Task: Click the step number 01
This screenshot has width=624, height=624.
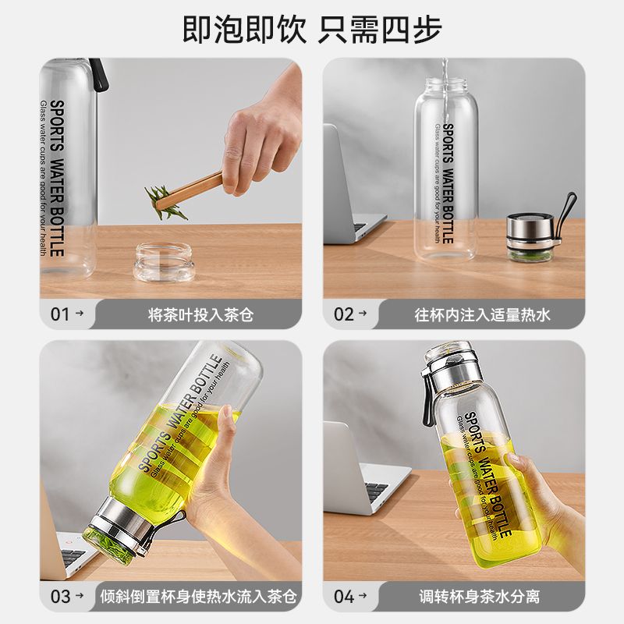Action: click(x=60, y=314)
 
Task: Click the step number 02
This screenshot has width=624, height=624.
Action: click(x=343, y=314)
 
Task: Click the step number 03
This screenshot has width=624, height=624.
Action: click(x=60, y=597)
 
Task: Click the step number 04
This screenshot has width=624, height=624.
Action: click(x=344, y=597)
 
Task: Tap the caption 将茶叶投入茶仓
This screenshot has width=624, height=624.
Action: click(x=200, y=315)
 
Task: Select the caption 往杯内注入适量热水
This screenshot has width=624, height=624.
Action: click(x=482, y=315)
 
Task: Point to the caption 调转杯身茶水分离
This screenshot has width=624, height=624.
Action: click(x=479, y=597)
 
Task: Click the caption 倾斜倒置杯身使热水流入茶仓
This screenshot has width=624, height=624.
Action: click(x=198, y=597)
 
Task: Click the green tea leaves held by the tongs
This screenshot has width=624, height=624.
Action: click(x=164, y=203)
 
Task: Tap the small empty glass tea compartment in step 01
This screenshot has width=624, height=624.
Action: click(x=164, y=263)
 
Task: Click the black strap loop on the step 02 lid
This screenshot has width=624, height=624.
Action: click(x=566, y=216)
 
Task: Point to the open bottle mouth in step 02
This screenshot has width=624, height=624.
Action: click(x=445, y=84)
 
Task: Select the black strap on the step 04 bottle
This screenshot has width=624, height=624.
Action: click(x=427, y=398)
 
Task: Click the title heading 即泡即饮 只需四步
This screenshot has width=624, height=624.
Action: click(x=312, y=29)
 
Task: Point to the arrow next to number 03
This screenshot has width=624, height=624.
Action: click(x=80, y=595)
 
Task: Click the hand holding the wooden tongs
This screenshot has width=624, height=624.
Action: click(x=263, y=135)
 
